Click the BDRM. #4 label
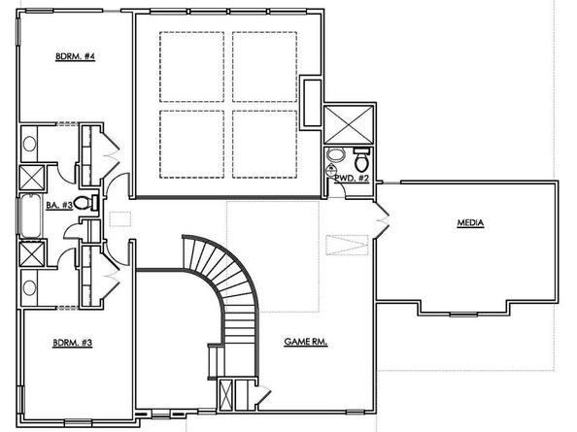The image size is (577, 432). coord(74,57)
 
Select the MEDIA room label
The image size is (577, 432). coord(470,223)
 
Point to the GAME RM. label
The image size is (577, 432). coord(305,342)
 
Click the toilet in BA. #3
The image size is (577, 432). coord(83,204)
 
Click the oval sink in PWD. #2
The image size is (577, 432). coord(336,155)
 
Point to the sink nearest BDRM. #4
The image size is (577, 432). coord(29,145)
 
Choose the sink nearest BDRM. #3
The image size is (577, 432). coord(29,288)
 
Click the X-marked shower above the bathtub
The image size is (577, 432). coord(31,178)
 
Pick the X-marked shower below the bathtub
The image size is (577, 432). coord(31,255)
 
